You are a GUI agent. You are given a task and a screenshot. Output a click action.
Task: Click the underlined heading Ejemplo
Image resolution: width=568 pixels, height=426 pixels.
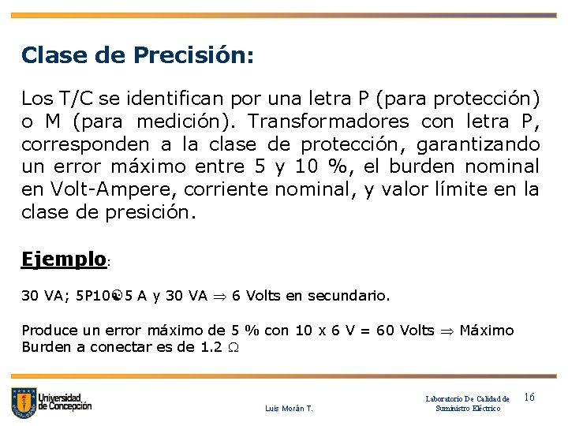(64, 259)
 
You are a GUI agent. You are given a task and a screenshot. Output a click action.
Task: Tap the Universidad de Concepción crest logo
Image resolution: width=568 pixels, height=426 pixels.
(24, 403)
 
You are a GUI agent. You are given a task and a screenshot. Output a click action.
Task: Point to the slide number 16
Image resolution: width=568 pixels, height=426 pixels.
(529, 398)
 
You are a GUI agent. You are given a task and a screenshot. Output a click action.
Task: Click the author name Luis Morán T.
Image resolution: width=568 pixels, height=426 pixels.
(289, 409)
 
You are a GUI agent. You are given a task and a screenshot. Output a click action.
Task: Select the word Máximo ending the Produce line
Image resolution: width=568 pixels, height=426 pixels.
(486, 330)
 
